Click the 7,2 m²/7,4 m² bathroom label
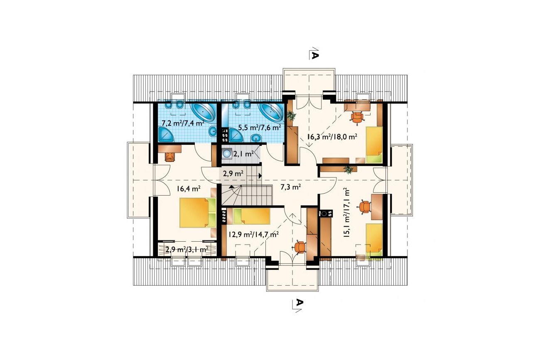[x=183, y=124]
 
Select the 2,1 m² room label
[x=243, y=154]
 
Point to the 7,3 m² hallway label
[x=291, y=187]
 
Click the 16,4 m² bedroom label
[x=189, y=189]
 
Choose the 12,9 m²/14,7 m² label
[x=254, y=234]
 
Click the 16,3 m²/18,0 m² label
[x=332, y=137]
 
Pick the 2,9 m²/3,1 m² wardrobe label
[x=187, y=249]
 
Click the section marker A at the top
[x=315, y=56]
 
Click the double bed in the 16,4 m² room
[x=198, y=213]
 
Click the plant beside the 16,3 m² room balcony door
[x=292, y=116]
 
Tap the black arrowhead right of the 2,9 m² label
[x=260, y=176]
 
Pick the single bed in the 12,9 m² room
[x=252, y=216]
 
